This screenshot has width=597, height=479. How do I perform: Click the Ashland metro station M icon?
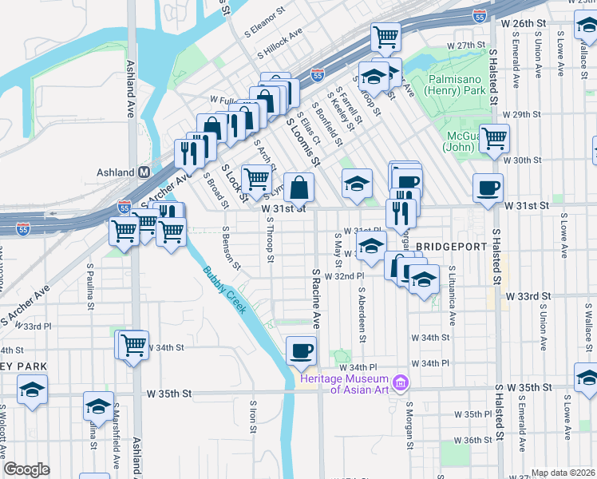[x=144, y=172]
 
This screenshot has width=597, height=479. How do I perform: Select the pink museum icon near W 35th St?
[x=400, y=384]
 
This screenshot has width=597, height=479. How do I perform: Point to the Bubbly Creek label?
[x=224, y=289]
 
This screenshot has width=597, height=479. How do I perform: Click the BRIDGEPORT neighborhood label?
[x=450, y=247]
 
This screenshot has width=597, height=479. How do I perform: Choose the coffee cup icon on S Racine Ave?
[x=301, y=350]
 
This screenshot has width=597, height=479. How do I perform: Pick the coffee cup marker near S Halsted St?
[x=488, y=188]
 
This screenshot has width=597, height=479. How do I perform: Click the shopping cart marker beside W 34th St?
[x=133, y=344]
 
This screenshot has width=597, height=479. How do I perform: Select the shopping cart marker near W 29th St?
[x=494, y=138]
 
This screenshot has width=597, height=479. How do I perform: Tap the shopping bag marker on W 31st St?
[x=298, y=188]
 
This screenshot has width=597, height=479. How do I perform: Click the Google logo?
[x=27, y=469]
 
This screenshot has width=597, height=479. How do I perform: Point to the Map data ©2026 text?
[x=563, y=473]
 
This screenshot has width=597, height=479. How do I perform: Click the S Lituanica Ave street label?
[x=452, y=295]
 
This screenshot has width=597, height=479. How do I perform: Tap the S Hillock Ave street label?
[x=279, y=45]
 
